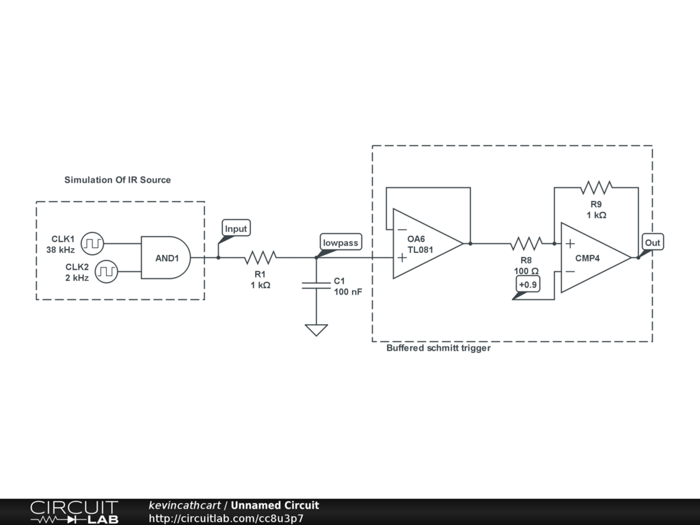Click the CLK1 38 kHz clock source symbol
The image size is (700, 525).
[92, 243]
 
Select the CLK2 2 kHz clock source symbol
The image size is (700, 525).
[106, 271]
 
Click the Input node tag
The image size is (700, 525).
[236, 229]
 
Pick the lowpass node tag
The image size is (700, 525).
[340, 243]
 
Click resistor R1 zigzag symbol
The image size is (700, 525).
[260, 258]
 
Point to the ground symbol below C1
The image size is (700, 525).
[316, 329]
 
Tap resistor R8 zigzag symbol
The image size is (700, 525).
[526, 243]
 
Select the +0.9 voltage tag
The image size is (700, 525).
[528, 285]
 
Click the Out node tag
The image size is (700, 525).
[653, 243]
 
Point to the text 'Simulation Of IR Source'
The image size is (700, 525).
[118, 180]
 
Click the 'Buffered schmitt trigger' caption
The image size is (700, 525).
[438, 348]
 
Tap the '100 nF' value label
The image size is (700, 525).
[348, 292]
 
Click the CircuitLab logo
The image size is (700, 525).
[74, 512]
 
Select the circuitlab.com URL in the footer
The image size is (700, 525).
[226, 518]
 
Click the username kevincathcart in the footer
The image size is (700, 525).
[185, 506]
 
